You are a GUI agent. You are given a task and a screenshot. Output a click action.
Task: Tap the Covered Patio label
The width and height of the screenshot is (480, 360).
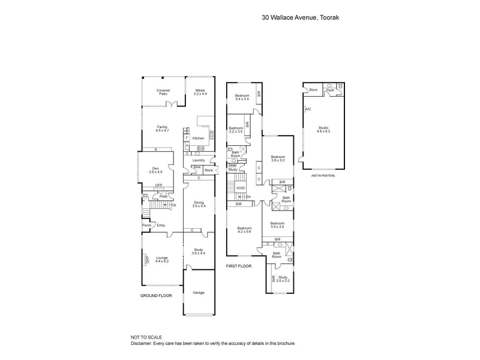[x=163, y=92]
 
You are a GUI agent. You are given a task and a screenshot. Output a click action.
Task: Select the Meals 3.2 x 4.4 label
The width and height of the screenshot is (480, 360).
[x=200, y=92]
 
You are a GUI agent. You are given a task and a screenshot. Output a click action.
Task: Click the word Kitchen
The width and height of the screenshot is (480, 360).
[x=198, y=139]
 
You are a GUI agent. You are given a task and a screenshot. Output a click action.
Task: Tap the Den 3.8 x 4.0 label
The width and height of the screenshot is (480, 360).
[x=155, y=170]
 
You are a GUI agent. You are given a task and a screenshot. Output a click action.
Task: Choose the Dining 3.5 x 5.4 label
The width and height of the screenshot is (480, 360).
[x=199, y=205]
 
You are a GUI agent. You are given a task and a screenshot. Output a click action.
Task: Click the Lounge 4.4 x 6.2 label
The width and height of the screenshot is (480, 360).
[x=162, y=260]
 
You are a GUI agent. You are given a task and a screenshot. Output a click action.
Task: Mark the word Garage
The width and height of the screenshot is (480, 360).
[x=198, y=292]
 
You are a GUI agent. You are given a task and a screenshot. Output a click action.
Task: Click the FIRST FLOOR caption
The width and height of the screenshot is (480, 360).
[x=239, y=265]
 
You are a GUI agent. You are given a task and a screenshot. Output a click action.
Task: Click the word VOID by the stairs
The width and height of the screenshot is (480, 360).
[x=240, y=188]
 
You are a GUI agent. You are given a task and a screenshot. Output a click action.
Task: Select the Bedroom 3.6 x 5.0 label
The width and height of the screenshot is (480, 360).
[x=278, y=158]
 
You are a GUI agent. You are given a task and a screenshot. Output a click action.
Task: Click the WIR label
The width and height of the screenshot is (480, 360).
[x=274, y=279]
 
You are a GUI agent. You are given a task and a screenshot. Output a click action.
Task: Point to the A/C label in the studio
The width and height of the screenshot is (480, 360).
[x=308, y=109]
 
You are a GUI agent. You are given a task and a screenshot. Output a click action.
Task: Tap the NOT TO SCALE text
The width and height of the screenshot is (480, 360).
[x=147, y=338]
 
